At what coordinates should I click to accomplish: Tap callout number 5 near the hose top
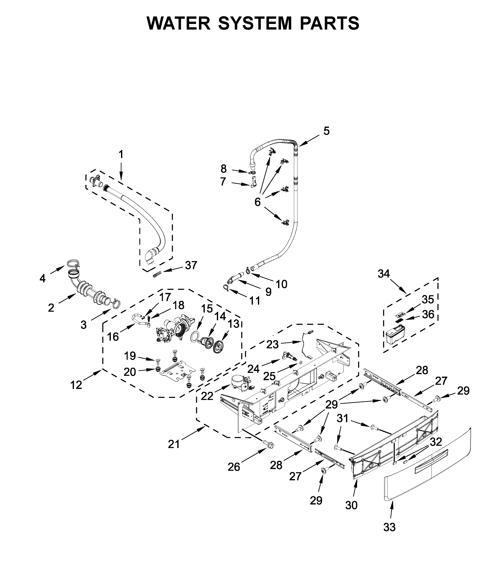tap(326, 131)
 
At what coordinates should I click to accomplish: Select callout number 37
tap(191, 265)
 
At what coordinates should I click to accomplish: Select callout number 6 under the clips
tap(257, 202)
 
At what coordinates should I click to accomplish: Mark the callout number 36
tap(428, 314)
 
